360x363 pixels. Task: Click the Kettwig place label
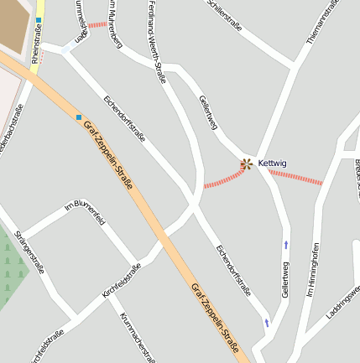tap(273, 163)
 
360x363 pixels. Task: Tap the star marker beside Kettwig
tap(246, 163)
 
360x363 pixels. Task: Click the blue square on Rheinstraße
tap(39, 18)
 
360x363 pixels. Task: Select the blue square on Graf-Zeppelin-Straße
tap(79, 117)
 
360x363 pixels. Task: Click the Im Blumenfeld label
tap(85, 214)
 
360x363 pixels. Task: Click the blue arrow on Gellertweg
tap(288, 245)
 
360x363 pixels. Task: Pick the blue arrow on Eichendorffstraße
tap(267, 323)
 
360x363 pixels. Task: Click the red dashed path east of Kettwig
tap(295, 177)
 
